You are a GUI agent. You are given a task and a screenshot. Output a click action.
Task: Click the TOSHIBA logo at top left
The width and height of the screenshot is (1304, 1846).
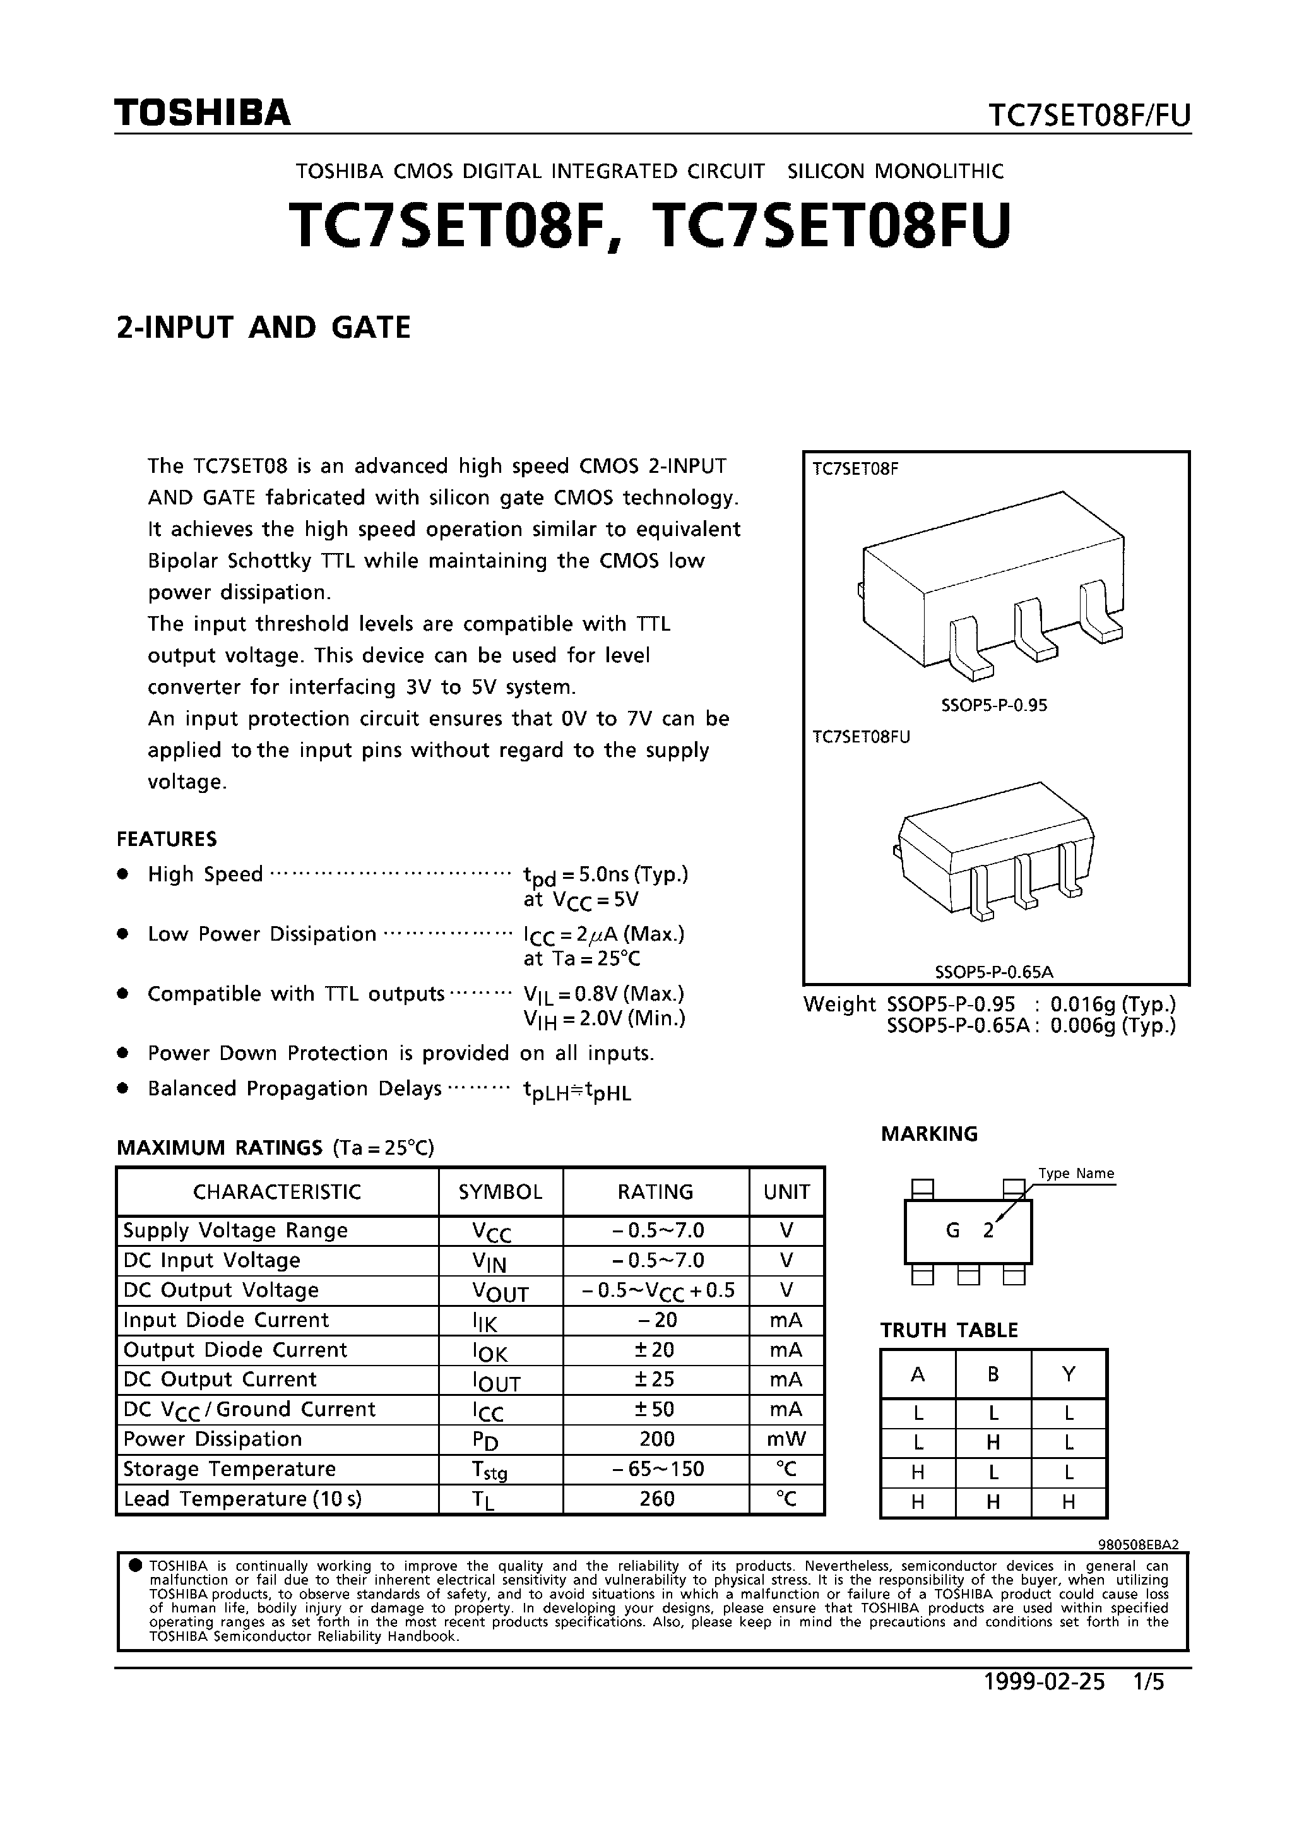pos(202,114)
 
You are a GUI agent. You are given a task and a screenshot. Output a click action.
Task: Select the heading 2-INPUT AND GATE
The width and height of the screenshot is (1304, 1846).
pos(264,328)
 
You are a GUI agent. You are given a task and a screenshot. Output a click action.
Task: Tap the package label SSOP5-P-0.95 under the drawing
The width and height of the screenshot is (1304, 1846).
pos(993,705)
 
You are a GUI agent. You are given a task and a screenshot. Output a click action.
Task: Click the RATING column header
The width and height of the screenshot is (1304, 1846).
pos(655,1191)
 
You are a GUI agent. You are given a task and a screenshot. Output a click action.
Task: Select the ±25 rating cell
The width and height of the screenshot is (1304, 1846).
pos(655,1379)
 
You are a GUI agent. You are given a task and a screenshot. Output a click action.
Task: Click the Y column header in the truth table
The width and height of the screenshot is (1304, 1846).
pos(1069,1374)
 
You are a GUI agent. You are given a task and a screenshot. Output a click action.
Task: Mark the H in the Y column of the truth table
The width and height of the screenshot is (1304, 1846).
pos(1069,1501)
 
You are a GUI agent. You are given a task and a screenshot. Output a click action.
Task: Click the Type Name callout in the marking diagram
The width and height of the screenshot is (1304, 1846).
pos(1076,1173)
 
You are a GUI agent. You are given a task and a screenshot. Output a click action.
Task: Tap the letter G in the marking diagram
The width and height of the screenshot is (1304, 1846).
pos(952,1230)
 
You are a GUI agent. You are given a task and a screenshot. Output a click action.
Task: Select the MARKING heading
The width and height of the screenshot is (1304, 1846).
pos(928,1134)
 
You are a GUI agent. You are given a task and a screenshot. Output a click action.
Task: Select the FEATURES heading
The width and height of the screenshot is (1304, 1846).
pos(167,838)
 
